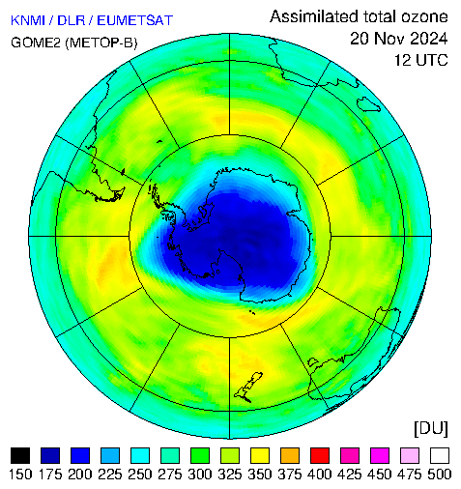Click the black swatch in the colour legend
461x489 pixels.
point(20,455)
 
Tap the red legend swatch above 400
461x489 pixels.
point(320,455)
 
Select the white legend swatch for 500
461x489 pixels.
point(440,455)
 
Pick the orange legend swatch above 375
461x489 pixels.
point(290,455)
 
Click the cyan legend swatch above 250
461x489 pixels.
point(140,455)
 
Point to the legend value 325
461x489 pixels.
point(230,475)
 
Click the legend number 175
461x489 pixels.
point(50,475)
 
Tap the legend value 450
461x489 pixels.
point(380,475)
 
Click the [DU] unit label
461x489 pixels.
point(431,429)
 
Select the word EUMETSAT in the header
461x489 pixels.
point(135,20)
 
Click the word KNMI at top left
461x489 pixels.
point(28,20)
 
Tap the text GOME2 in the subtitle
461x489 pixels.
point(36,43)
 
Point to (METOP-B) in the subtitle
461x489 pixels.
point(101,43)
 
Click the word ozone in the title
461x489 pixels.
point(424,17)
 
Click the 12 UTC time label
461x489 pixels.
point(421,60)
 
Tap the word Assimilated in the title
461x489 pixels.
point(314,16)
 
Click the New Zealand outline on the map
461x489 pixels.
point(248,388)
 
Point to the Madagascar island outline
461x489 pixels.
point(368,104)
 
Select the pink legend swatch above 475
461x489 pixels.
point(410,455)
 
